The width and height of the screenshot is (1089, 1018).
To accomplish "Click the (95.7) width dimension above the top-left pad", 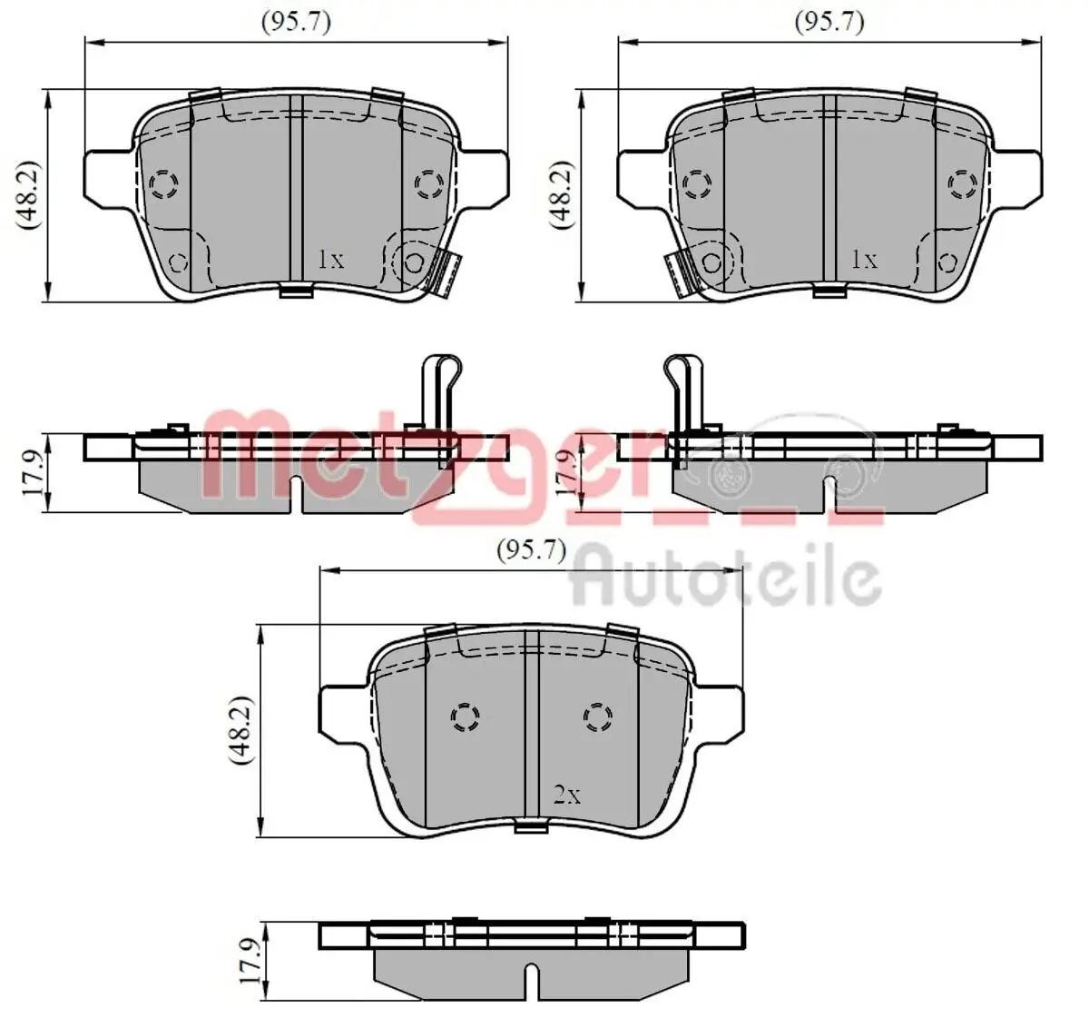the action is (x=296, y=23).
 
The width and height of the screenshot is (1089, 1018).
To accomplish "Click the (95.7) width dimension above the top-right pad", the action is (x=829, y=23).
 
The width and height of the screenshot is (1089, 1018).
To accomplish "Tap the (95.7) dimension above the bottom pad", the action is (x=531, y=550).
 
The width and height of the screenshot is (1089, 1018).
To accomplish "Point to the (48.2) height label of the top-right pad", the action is (x=563, y=195).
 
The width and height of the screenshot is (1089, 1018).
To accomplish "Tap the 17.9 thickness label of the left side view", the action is (x=33, y=473).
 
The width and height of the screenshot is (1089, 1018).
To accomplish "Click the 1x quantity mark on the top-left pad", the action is (x=331, y=260).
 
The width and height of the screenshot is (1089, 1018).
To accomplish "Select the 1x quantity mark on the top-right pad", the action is (x=864, y=260).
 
